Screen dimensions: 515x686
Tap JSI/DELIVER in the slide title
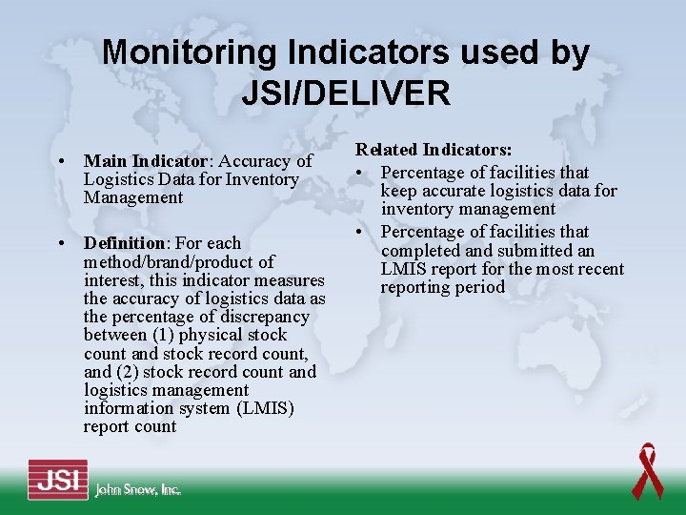tap(345, 93)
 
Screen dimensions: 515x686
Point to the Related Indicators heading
tap(434, 150)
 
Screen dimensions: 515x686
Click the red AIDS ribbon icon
tap(647, 470)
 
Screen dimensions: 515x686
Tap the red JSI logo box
tap(57, 479)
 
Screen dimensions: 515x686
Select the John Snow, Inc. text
tap(137, 489)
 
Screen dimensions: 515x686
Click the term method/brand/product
tap(179, 261)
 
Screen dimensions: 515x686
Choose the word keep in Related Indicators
tap(398, 191)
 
